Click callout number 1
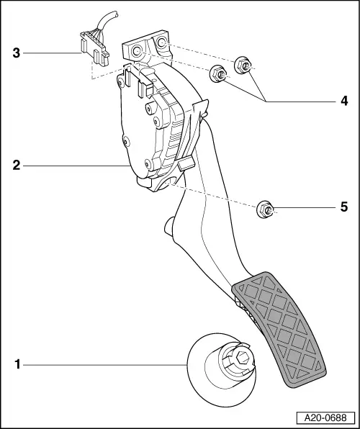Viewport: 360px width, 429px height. click(17, 365)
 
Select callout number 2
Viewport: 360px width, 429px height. click(17, 166)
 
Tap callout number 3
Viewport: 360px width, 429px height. click(17, 53)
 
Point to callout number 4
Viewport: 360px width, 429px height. click(344, 101)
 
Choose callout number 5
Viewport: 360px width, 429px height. click(344, 207)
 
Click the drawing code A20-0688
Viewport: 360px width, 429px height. click(325, 417)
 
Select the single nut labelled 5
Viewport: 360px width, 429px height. click(265, 209)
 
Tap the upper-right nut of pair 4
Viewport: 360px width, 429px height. click(243, 65)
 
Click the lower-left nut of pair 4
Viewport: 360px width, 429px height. click(217, 73)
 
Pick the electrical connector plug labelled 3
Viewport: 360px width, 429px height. click(94, 49)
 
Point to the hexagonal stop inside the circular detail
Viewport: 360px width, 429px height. click(242, 358)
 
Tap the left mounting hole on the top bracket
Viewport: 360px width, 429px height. click(136, 50)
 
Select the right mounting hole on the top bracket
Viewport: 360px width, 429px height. click(161, 42)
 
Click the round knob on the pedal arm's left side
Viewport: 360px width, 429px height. click(169, 226)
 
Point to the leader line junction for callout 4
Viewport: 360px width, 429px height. click(266, 101)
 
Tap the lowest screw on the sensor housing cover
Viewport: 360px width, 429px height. click(148, 164)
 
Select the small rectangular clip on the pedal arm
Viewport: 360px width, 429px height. click(186, 164)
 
